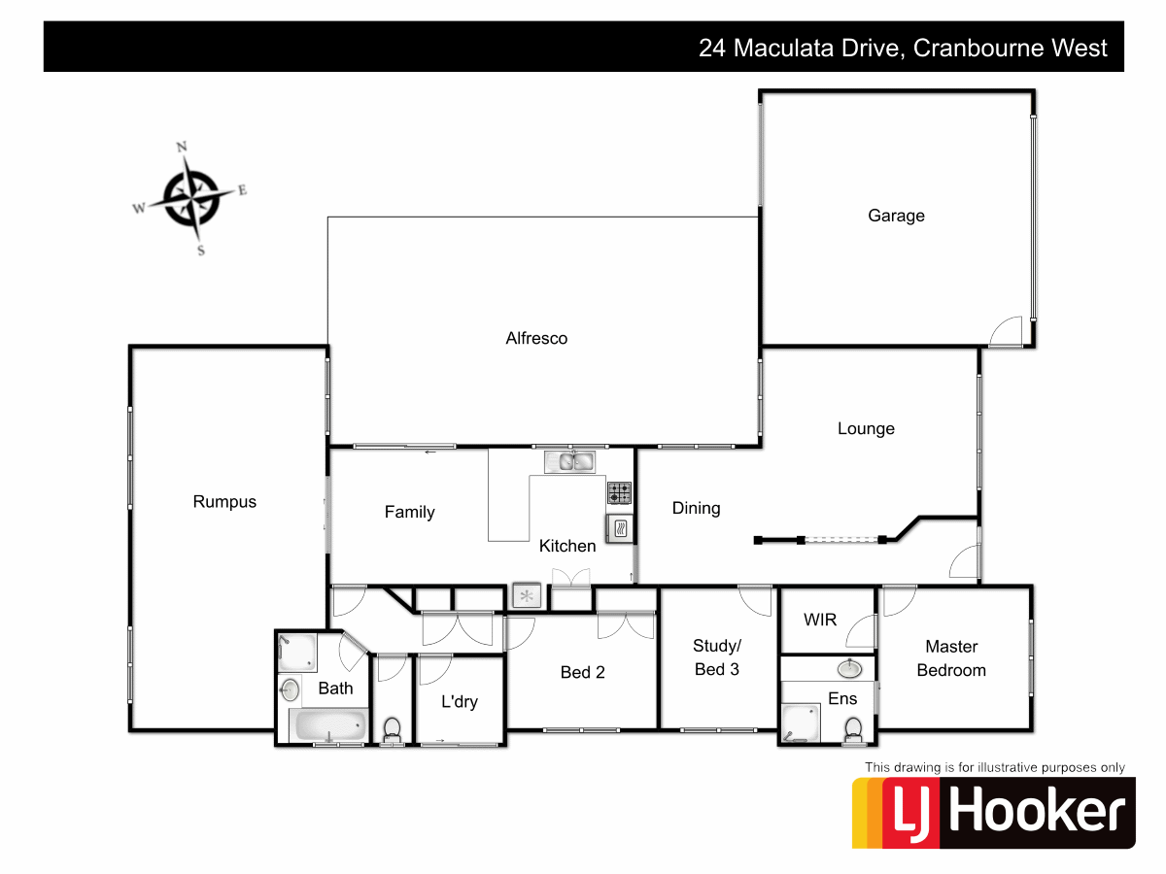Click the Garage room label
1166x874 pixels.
pos(896,216)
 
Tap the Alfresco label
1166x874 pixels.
pos(536,339)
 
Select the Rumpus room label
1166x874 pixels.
pos(224,502)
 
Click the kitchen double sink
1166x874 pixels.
pos(570,461)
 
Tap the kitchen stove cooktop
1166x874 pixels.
pos(619,492)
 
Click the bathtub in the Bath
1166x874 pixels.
pos(329,723)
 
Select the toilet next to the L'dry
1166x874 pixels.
pos(393,728)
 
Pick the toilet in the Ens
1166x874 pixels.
pos(853,728)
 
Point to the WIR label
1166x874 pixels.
pos(820,620)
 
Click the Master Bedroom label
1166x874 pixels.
pos(951,658)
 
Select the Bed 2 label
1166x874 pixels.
pos(583,672)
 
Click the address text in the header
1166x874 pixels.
pos(903,48)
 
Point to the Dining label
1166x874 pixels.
pos(696,508)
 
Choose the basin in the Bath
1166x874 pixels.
pos(289,690)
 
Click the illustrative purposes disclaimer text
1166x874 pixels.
pos(995,767)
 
